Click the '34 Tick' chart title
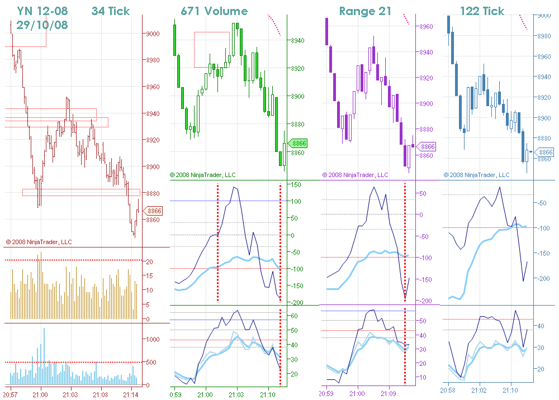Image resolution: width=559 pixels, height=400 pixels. tap(110, 11)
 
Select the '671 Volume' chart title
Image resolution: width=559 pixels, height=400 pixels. tap(214, 11)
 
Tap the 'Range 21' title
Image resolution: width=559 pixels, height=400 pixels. tap(365, 11)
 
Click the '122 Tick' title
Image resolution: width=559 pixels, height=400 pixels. tap(482, 11)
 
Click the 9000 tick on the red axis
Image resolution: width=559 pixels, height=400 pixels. tap(153, 34)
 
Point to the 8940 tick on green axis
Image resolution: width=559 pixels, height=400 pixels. tap(297, 41)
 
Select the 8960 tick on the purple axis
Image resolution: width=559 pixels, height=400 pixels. tap(426, 27)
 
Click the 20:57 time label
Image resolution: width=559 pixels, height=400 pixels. tap(11, 394)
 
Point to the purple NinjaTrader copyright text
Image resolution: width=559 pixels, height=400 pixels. tap(356, 175)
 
